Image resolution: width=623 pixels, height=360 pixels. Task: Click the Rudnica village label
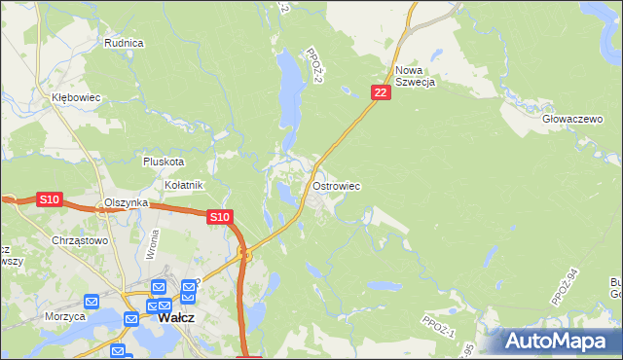point(124,43)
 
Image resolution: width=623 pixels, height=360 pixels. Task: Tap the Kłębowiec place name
point(77,98)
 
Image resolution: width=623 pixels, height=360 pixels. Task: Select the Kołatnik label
point(183,184)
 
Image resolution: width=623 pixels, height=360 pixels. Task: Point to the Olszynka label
point(126,202)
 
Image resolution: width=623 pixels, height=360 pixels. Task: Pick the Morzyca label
point(65,316)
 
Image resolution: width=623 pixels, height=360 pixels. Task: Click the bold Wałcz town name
point(176,317)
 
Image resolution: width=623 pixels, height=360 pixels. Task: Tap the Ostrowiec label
point(338,185)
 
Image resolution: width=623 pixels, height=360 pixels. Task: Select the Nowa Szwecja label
point(415,76)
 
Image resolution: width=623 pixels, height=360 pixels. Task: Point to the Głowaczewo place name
point(569,117)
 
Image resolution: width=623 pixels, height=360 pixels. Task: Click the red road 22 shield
point(381,91)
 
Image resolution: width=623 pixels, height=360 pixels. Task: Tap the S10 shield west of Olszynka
point(50,199)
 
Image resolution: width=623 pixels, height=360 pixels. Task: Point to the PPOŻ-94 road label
point(564,288)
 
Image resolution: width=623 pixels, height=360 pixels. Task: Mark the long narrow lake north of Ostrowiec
point(288,92)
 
